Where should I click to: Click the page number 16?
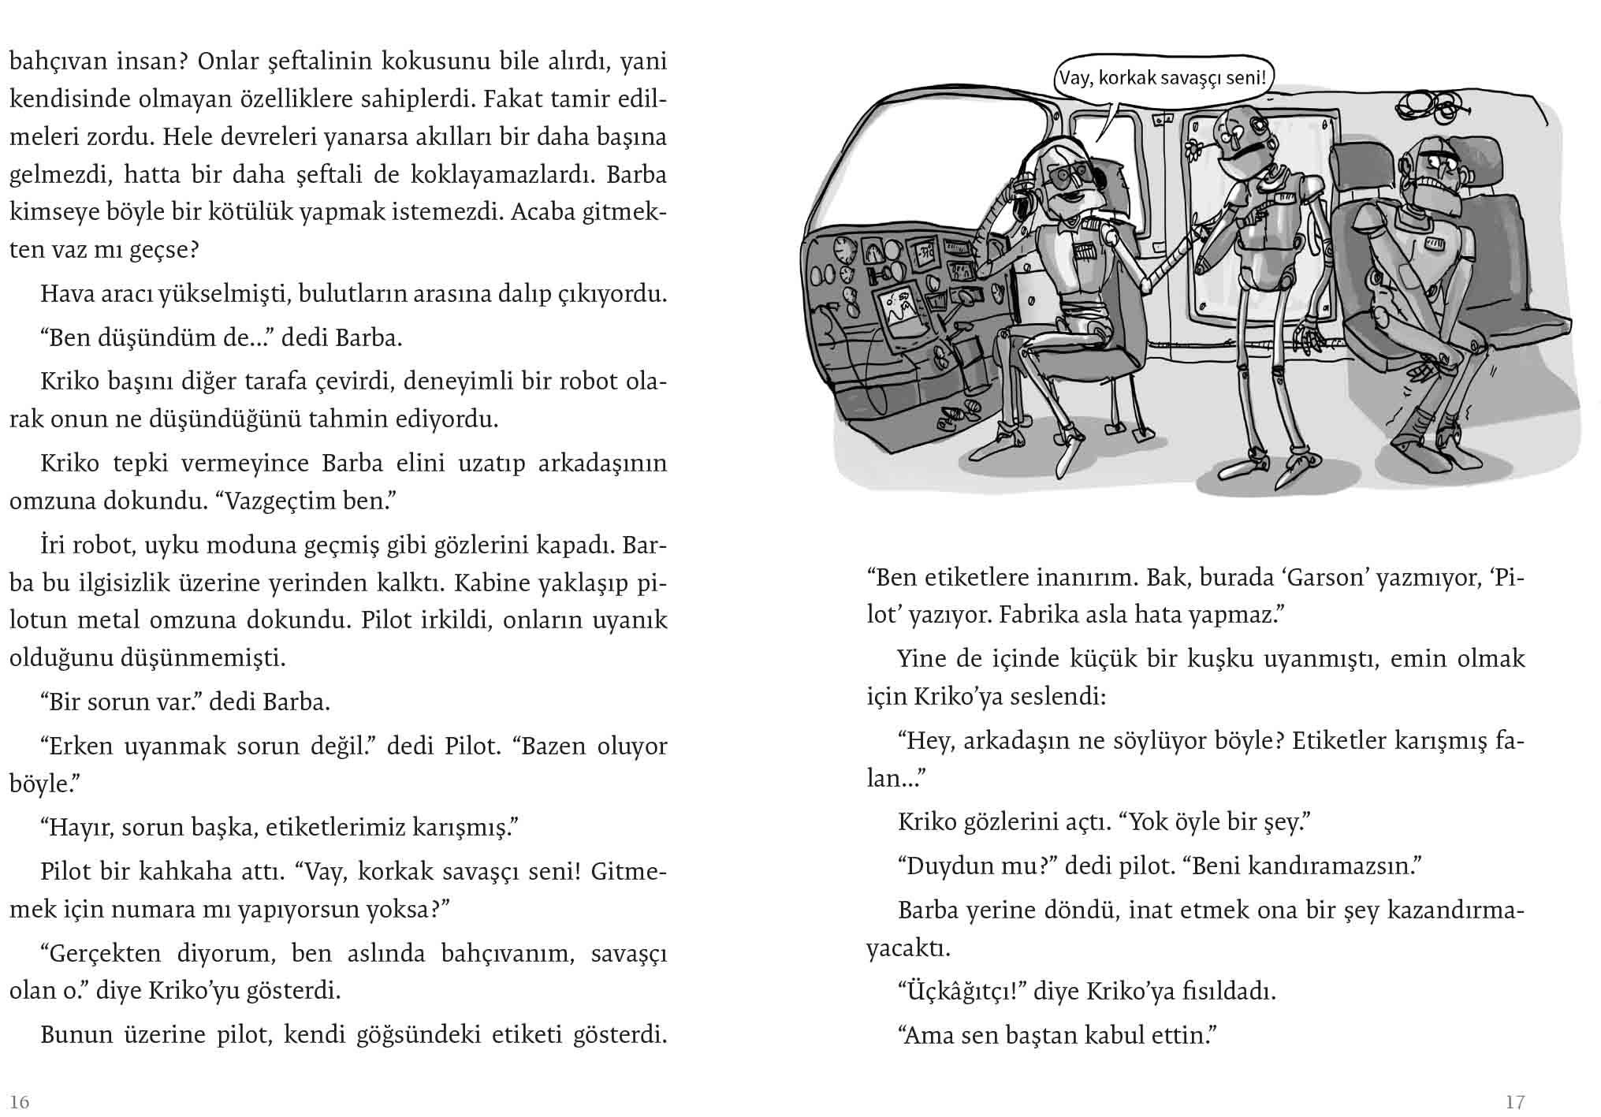(20, 1101)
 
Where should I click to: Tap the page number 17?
(1514, 1101)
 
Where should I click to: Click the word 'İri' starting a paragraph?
(53, 545)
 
